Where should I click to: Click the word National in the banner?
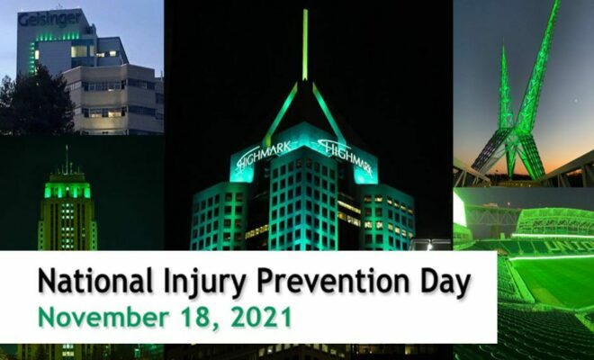[95, 281]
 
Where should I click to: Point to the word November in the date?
[103, 318]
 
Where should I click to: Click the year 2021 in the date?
[261, 318]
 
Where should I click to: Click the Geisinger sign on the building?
[49, 19]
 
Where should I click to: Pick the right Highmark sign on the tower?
[345, 156]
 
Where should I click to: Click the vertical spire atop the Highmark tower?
[305, 45]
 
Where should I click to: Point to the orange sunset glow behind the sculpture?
[561, 163]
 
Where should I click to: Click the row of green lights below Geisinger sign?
[58, 37]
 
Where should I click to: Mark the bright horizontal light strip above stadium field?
[552, 257]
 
